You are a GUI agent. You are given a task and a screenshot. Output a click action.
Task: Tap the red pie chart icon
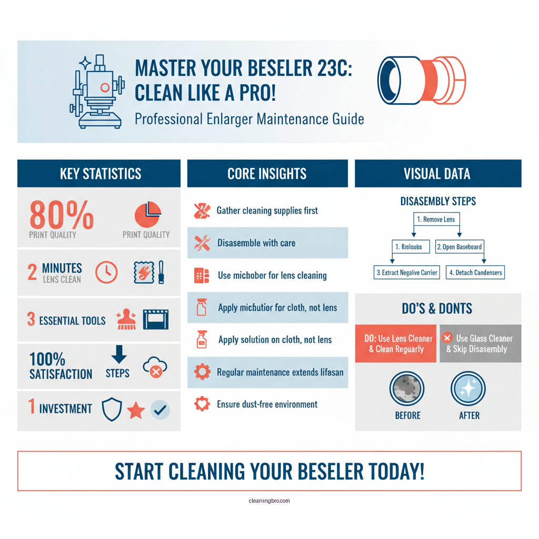click(x=148, y=215)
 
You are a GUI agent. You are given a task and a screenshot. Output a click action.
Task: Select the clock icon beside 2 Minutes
click(x=106, y=272)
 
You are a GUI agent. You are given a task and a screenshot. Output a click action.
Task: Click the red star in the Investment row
click(x=136, y=410)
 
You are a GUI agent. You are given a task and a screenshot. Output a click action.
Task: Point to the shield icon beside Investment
click(x=112, y=410)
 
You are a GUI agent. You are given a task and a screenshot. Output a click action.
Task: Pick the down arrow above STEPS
click(x=119, y=354)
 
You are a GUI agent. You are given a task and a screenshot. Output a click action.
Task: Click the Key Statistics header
click(x=100, y=174)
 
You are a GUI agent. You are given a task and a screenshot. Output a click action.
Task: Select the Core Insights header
click(x=267, y=174)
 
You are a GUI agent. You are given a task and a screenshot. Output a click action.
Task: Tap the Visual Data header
click(x=437, y=174)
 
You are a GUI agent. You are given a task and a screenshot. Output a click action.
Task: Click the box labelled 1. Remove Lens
click(x=436, y=219)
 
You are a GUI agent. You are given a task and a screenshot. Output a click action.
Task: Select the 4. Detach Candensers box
click(x=475, y=273)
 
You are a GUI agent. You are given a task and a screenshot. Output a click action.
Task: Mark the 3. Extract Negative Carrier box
click(x=407, y=273)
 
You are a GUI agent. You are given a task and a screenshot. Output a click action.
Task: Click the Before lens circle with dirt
click(x=407, y=389)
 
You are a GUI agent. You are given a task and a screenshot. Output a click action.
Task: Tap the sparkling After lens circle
click(x=468, y=389)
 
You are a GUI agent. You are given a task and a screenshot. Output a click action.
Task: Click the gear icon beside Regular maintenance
click(x=202, y=372)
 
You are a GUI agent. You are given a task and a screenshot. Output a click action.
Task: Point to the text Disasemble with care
click(x=256, y=243)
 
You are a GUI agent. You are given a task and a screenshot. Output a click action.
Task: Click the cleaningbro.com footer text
click(x=269, y=501)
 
